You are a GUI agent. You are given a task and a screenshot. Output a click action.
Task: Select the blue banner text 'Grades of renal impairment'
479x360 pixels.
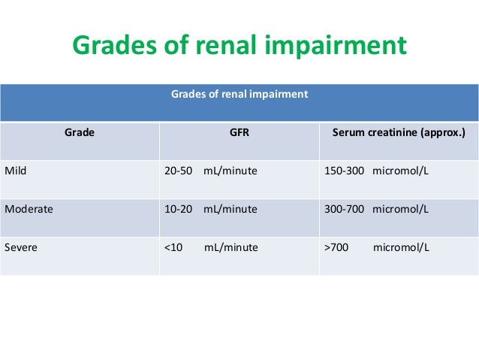(x=239, y=95)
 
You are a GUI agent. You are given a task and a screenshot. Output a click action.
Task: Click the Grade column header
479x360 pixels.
(x=79, y=132)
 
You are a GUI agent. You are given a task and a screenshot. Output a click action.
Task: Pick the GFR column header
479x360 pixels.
(x=239, y=132)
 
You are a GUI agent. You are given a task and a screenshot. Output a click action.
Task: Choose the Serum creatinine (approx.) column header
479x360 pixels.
(x=399, y=132)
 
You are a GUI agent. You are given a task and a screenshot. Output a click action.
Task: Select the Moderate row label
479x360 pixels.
(x=29, y=209)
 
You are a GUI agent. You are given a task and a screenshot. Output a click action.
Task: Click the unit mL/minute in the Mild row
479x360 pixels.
(x=230, y=171)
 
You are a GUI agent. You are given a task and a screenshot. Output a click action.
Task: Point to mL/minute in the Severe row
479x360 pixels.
(x=231, y=247)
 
